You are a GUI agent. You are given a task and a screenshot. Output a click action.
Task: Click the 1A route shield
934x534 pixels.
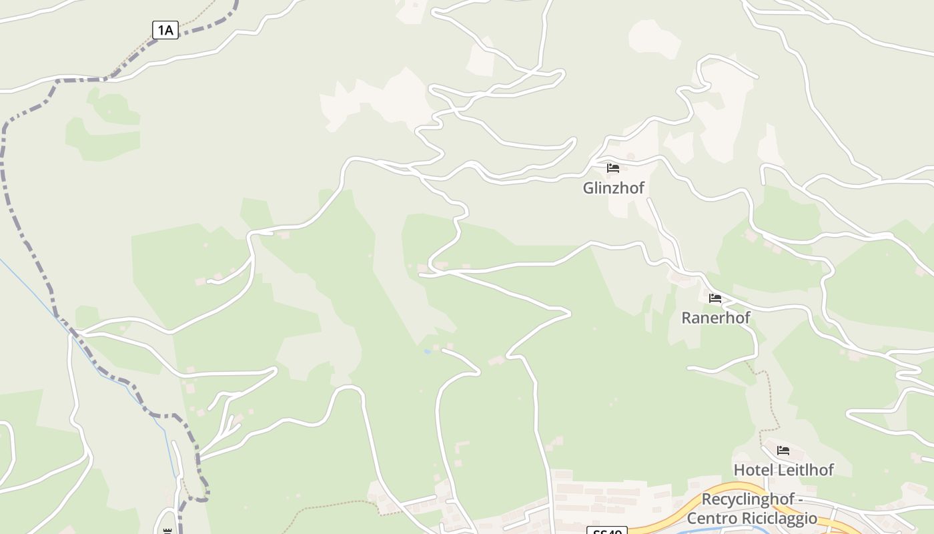165,30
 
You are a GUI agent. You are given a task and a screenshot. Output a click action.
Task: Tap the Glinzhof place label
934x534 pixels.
614,188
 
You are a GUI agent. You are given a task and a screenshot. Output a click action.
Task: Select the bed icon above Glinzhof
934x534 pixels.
613,168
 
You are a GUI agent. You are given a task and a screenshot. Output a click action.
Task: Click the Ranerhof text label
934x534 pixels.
715,318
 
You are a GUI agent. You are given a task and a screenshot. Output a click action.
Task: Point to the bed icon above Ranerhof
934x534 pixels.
715,298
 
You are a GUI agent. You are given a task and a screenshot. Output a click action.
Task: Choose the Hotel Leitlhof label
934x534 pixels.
783,470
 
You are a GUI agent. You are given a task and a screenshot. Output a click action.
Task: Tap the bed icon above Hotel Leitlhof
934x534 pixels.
783,451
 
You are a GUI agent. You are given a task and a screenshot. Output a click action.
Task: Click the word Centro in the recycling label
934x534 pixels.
713,518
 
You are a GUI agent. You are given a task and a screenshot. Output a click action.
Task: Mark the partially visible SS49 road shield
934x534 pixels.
607,531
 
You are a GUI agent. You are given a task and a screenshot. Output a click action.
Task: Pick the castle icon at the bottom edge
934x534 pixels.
167,531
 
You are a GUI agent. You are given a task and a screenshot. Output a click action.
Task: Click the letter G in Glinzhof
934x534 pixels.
589,188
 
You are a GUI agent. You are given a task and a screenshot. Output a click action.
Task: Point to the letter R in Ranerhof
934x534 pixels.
686,318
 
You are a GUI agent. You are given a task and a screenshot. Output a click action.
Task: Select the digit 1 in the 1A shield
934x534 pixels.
161,30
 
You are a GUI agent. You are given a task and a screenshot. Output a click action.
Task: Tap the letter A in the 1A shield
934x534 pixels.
169,30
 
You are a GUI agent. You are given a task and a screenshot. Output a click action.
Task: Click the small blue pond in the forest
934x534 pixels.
427,351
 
